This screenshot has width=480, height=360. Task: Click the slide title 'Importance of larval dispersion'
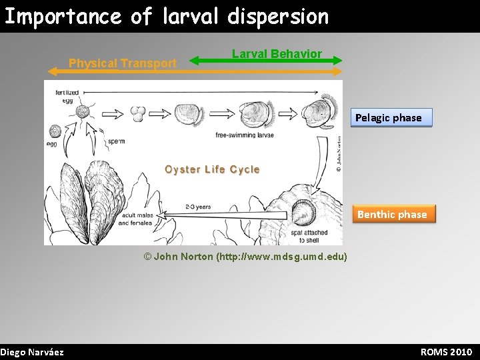tap(167, 16)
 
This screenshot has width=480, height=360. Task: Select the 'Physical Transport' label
tap(123, 63)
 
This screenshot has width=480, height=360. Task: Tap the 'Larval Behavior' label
tap(277, 53)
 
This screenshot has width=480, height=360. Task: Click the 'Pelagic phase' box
tap(388, 118)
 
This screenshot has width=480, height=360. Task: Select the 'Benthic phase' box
tap(392, 214)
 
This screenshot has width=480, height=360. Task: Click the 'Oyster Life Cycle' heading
tap(212, 169)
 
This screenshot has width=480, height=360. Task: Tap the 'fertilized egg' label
tap(67, 96)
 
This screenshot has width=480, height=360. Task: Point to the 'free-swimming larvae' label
tap(245, 135)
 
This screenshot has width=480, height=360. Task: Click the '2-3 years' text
tap(198, 207)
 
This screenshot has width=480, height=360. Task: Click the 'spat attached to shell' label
tap(304, 236)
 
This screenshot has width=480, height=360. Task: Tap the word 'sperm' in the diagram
tap(115, 141)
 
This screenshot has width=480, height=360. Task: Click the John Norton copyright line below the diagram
tap(245, 257)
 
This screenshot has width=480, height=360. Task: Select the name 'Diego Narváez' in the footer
tap(32, 352)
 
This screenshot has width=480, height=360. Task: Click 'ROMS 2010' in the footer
tap(446, 352)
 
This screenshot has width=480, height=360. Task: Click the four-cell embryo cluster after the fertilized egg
tap(139, 113)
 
